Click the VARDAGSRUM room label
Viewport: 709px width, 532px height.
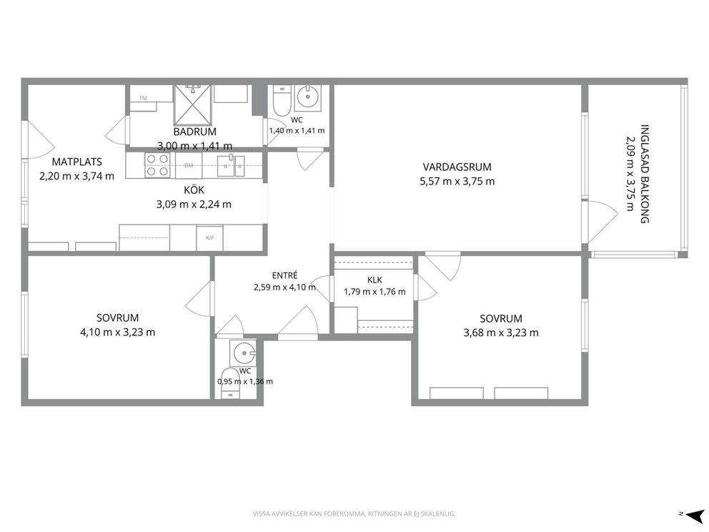pyautogui.click(x=457, y=167)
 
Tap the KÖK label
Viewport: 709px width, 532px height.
pyautogui.click(x=194, y=190)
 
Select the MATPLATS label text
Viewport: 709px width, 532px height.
pyautogui.click(x=77, y=162)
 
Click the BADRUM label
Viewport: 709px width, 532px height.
pyautogui.click(x=195, y=132)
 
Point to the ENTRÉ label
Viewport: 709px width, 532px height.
pyautogui.click(x=285, y=275)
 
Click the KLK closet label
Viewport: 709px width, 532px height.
pyautogui.click(x=375, y=280)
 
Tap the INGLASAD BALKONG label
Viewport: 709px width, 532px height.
pyautogui.click(x=645, y=174)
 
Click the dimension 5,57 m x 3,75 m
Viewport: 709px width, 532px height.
pyautogui.click(x=457, y=182)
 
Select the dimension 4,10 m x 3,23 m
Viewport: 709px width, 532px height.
pyautogui.click(x=117, y=332)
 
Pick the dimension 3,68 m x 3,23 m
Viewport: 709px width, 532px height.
pyautogui.click(x=501, y=333)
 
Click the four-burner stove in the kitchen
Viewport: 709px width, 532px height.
pyautogui.click(x=157, y=166)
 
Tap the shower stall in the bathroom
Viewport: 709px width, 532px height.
pyautogui.click(x=193, y=104)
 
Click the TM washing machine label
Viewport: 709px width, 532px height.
pyautogui.click(x=143, y=98)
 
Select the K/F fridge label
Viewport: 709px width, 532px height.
pyautogui.click(x=210, y=237)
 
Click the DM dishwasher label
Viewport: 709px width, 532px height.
pyautogui.click(x=189, y=166)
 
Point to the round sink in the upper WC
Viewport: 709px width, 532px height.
pyautogui.click(x=308, y=97)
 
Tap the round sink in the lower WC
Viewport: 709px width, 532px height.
pyautogui.click(x=243, y=353)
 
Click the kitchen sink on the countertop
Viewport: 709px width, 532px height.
pyautogui.click(x=231, y=166)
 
